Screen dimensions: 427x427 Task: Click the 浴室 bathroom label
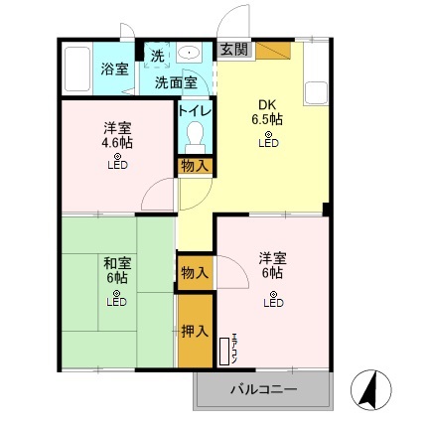(115, 69)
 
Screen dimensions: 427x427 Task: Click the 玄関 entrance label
(234, 48)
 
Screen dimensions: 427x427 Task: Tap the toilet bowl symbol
(195, 135)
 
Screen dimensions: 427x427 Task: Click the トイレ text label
(194, 110)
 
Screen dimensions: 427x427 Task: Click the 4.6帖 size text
(117, 142)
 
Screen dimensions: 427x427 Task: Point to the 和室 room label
(117, 263)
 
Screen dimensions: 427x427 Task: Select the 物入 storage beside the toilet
(195, 166)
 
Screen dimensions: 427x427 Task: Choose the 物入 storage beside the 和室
(195, 271)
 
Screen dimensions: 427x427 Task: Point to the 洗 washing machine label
(157, 54)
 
